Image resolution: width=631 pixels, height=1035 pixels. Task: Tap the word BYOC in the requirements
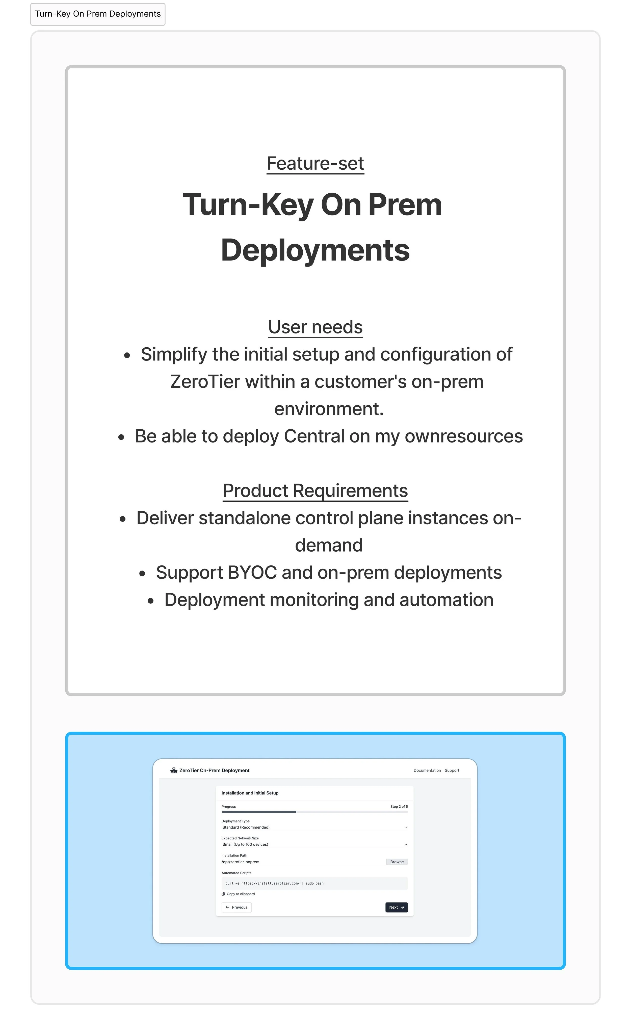252,573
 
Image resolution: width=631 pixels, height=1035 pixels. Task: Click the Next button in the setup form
396,907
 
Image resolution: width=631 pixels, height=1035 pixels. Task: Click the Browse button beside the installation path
397,862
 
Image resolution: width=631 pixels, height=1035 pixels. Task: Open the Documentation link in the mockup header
427,770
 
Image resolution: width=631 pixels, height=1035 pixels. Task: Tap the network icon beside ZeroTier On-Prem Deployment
173,770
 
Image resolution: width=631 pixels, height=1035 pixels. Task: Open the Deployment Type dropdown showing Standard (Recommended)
314,827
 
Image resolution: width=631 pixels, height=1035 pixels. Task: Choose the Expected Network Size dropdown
314,844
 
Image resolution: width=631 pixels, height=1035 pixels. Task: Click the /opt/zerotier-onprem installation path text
240,862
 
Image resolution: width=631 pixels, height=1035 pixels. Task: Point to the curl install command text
274,883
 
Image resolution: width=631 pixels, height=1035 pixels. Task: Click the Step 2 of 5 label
399,807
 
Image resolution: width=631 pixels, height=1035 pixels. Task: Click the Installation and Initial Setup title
250,793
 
